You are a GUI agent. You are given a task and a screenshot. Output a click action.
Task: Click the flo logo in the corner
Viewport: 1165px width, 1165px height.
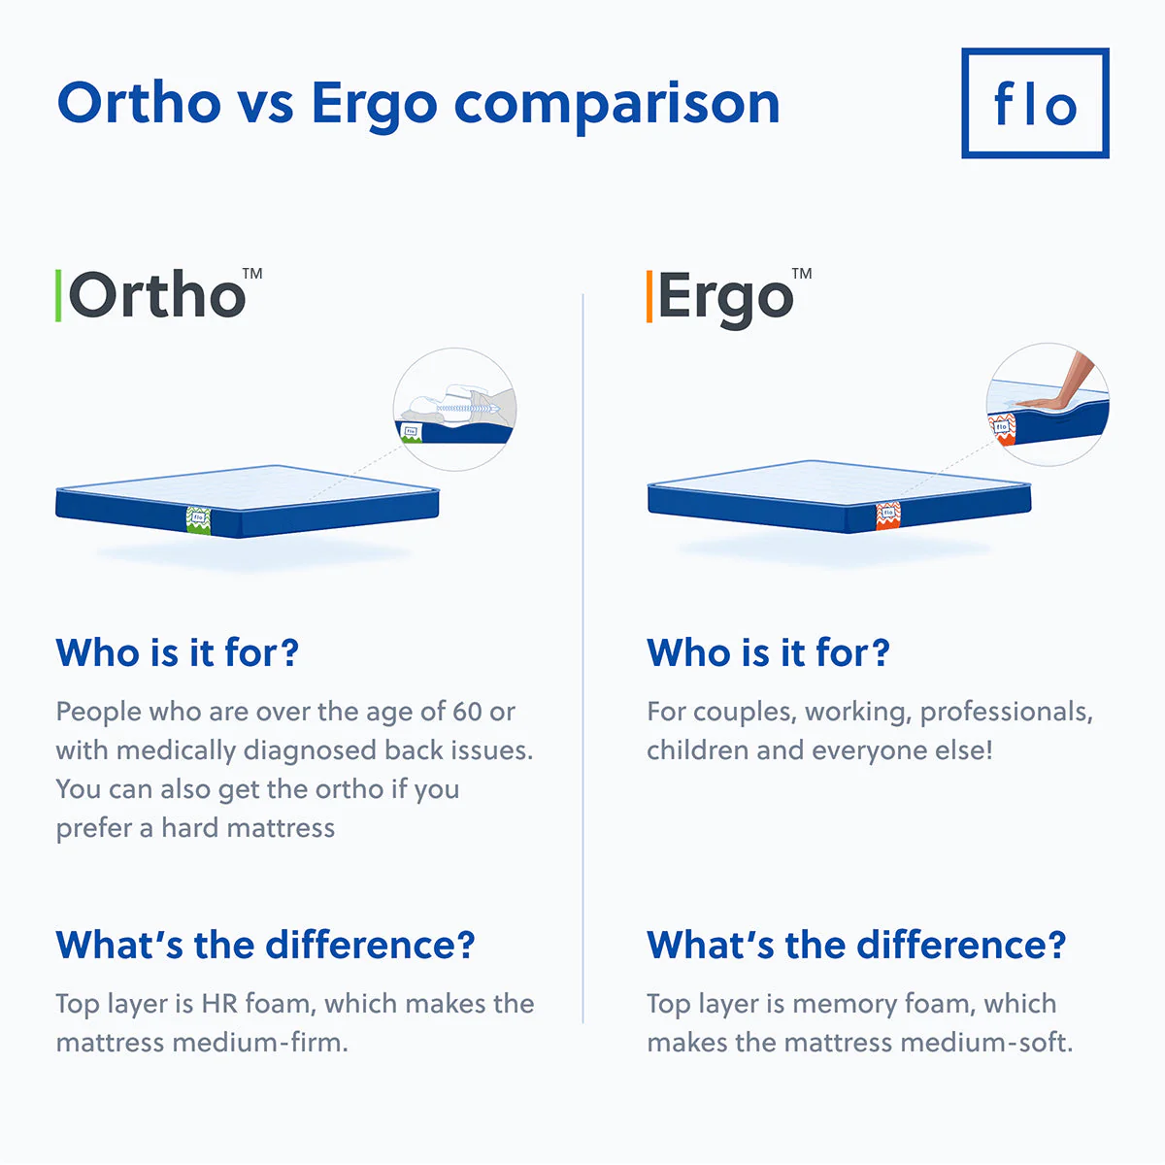(1035, 103)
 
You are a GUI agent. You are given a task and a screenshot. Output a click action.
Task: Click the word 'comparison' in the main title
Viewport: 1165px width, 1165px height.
(616, 103)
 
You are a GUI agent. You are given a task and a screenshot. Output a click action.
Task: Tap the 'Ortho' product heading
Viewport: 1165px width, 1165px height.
(157, 295)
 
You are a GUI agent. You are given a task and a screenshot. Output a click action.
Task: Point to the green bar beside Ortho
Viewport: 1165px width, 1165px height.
(58, 296)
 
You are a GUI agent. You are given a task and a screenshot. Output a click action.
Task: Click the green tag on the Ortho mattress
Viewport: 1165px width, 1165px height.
(197, 518)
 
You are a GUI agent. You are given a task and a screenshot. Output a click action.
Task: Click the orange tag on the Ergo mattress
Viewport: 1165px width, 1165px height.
(887, 515)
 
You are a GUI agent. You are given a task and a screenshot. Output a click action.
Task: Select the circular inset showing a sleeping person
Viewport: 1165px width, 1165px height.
(454, 410)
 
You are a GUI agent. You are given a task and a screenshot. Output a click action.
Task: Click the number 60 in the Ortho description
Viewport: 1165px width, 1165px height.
(467, 712)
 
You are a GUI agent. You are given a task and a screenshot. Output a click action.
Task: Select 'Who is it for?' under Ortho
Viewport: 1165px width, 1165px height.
(177, 652)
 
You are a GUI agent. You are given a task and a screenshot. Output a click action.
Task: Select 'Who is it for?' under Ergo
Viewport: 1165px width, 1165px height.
(768, 652)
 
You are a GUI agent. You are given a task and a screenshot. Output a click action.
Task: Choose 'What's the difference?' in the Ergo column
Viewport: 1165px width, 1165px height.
(856, 945)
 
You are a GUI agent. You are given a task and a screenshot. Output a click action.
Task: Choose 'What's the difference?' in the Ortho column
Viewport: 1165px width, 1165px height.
(265, 945)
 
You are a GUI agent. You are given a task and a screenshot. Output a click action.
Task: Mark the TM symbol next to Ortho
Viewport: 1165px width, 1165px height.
(252, 274)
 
